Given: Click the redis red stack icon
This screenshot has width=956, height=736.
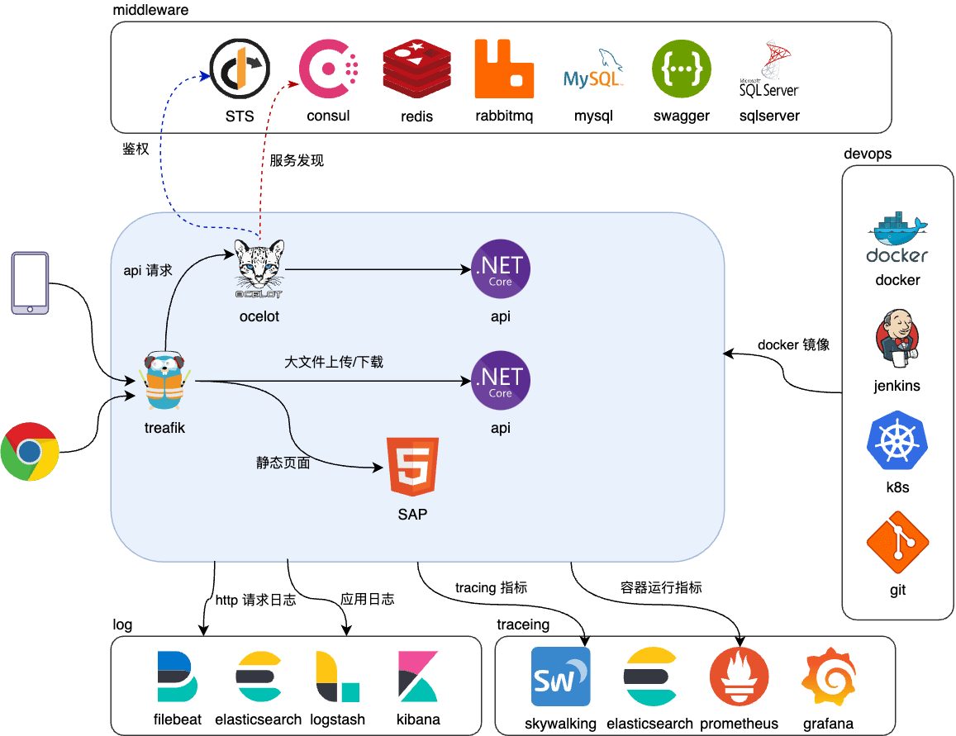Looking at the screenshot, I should point(417,69).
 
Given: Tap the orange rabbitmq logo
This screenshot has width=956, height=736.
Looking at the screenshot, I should point(504,69).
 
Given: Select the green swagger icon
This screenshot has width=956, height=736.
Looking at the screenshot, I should point(681,69).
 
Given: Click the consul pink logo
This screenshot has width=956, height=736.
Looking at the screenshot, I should point(328,69).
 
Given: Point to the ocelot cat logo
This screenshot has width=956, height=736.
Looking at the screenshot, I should point(259,268).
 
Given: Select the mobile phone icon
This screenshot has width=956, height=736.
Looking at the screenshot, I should point(31,283).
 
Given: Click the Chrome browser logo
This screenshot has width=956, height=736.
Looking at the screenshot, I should point(30,451).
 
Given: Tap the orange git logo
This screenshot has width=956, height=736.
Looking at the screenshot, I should point(897,544).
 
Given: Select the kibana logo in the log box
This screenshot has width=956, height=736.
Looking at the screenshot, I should point(418,677).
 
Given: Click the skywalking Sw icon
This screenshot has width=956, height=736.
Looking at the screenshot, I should point(560,677).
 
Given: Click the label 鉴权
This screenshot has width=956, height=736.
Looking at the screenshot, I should point(135,149).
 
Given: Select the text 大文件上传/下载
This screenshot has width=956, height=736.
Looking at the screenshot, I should point(334,362).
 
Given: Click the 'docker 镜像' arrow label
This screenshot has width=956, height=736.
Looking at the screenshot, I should point(793,344).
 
